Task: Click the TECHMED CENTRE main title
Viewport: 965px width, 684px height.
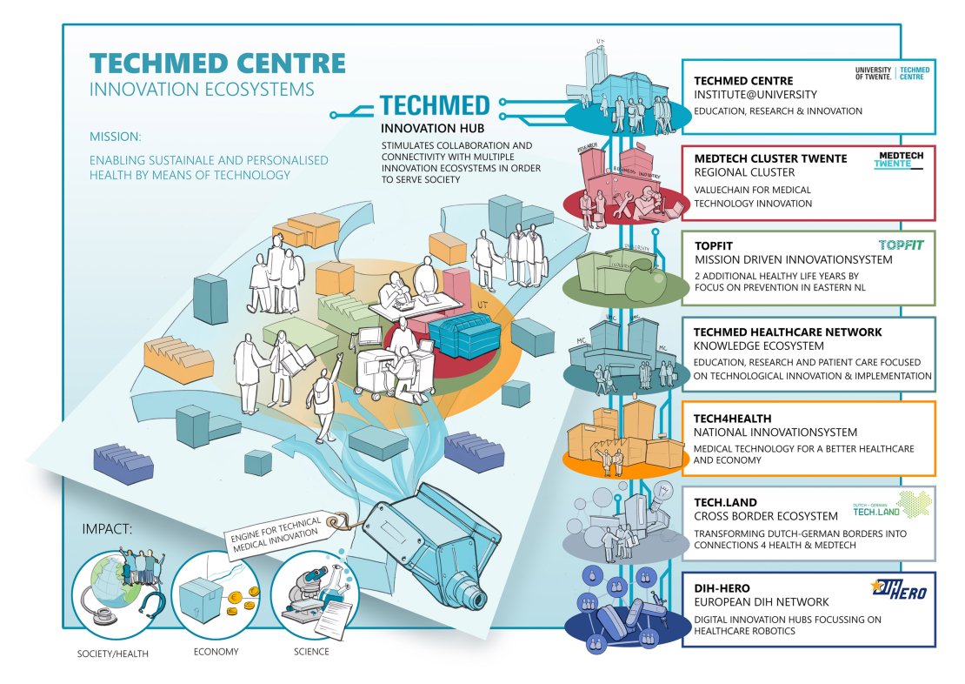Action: tap(217, 64)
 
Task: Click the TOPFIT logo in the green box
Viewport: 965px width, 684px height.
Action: tap(901, 245)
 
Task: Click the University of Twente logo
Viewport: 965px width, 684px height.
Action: tap(893, 73)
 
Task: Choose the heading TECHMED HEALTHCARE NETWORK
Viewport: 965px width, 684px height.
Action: tap(788, 332)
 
